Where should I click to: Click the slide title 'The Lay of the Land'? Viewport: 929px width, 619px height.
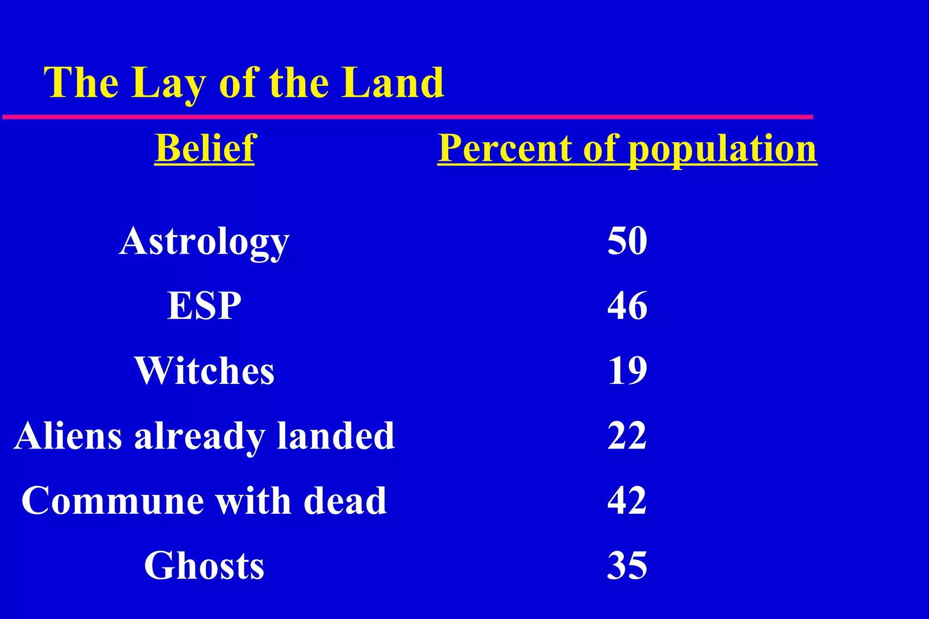point(244,82)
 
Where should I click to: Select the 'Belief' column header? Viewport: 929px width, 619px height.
point(205,148)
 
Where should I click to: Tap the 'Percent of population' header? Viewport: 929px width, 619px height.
point(627,148)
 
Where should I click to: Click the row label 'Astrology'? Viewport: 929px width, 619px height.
point(204,241)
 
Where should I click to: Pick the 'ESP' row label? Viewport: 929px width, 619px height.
point(204,306)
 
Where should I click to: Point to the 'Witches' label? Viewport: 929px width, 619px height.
point(204,371)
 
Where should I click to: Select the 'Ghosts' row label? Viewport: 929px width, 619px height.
point(204,566)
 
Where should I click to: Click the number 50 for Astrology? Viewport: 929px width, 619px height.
point(627,241)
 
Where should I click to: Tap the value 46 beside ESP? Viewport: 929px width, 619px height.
point(627,306)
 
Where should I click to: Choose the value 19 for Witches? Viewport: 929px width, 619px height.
point(627,371)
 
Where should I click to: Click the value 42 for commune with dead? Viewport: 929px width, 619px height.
point(627,501)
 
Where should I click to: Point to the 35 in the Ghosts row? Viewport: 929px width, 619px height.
point(627,566)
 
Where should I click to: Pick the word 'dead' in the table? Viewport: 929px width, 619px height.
point(345,501)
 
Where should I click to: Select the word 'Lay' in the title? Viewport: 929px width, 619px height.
point(168,83)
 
